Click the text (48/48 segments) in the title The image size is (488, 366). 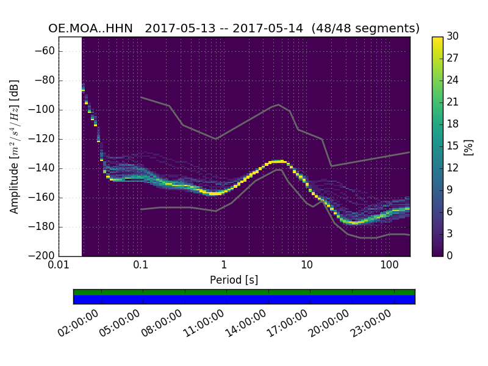click(365, 29)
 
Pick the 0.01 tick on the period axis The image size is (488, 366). click(59, 266)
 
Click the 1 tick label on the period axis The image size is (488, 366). click(224, 266)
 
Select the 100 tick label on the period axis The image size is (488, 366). click(389, 266)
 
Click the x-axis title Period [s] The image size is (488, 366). click(234, 280)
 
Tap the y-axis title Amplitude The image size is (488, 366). click(14, 146)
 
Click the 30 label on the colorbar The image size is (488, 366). click(452, 37)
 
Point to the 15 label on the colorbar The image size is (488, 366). click(452, 146)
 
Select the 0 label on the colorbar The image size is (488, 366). click(450, 256)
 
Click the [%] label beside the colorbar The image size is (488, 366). click(468, 146)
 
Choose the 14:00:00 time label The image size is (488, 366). click(246, 324)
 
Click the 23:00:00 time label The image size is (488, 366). click(370, 324)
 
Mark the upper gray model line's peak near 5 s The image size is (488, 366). click(279, 104)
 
